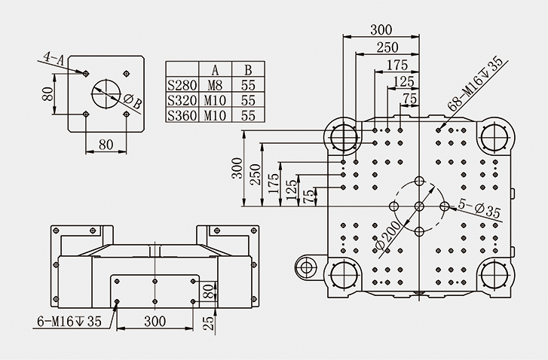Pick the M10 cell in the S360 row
tap(214, 115)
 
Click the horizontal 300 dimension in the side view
tap(154, 322)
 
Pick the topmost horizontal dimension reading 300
tap(381, 29)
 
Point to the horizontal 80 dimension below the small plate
tap(106, 142)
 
